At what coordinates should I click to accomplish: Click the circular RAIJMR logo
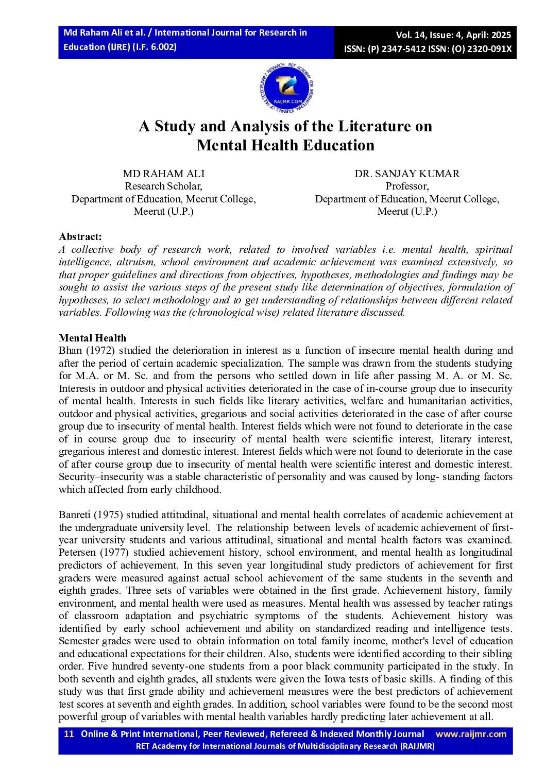coord(287,89)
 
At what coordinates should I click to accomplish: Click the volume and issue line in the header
coord(453,35)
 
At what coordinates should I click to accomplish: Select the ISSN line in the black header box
coord(428,49)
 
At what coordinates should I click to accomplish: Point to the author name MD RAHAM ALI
coord(163,174)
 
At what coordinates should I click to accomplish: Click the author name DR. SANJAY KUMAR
coord(407,174)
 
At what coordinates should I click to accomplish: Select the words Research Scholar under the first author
coord(163,186)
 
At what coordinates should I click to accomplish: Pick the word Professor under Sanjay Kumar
coord(407,186)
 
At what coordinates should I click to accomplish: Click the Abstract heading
coord(80,236)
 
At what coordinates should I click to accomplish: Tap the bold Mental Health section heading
coord(92,338)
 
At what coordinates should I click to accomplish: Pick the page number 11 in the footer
coord(69,734)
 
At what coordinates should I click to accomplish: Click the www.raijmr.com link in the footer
coord(471,734)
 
